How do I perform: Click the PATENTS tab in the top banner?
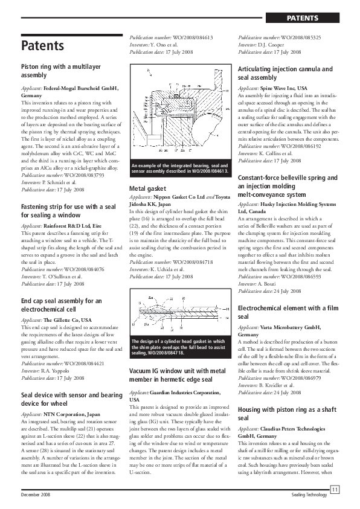303,18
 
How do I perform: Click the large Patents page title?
42,45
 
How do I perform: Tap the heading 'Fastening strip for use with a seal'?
68,194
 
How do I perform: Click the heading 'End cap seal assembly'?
61,304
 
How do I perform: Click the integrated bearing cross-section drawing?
179,109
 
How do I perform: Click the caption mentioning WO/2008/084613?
179,169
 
